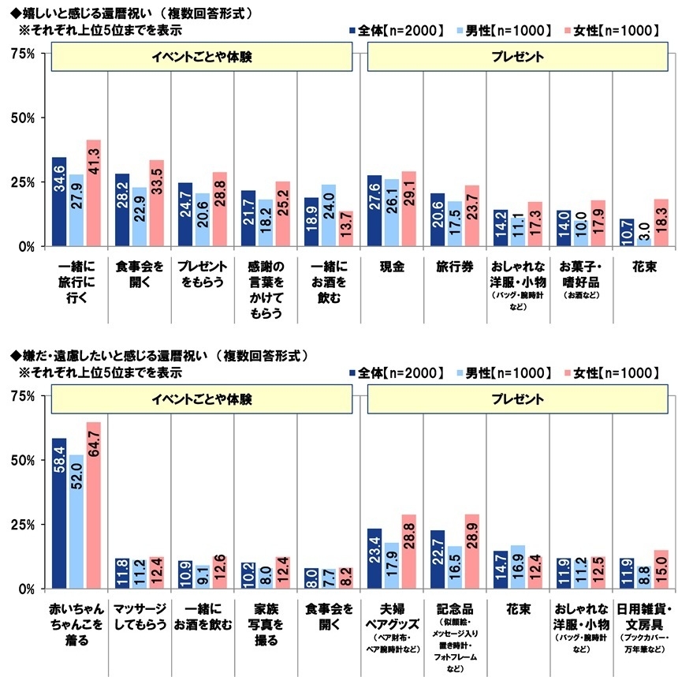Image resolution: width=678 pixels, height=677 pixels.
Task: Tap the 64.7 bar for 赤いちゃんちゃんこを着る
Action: click(93, 505)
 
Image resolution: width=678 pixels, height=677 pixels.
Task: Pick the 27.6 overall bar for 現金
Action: click(374, 211)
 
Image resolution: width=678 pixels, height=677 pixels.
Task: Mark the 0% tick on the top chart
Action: click(26, 246)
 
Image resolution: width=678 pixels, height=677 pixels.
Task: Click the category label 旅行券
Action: click(454, 268)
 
